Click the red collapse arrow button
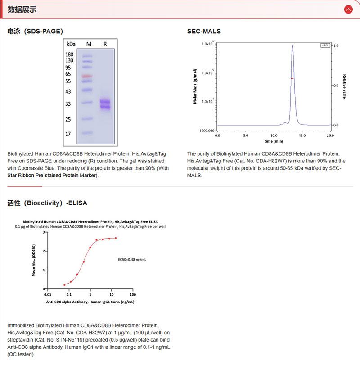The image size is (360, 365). [348, 9]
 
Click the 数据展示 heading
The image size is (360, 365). [22, 9]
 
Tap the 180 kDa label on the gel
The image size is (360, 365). [69, 54]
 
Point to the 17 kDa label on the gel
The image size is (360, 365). [68, 134]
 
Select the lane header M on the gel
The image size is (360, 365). [89, 44]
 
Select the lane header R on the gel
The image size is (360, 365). [105, 44]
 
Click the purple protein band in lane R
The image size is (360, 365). [105, 104]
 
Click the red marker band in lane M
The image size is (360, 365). [87, 76]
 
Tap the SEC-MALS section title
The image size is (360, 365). [204, 32]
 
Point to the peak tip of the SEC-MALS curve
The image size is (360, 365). [292, 45]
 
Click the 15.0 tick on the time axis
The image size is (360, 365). [302, 135]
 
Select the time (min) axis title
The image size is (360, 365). [274, 141]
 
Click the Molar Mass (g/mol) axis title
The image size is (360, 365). [195, 86]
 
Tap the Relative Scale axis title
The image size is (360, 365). [344, 86]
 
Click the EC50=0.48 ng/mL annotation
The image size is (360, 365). [132, 260]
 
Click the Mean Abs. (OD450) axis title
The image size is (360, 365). [34, 260]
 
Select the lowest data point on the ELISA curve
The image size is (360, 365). [64, 285]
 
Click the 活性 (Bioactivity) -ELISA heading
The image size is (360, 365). [47, 203]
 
